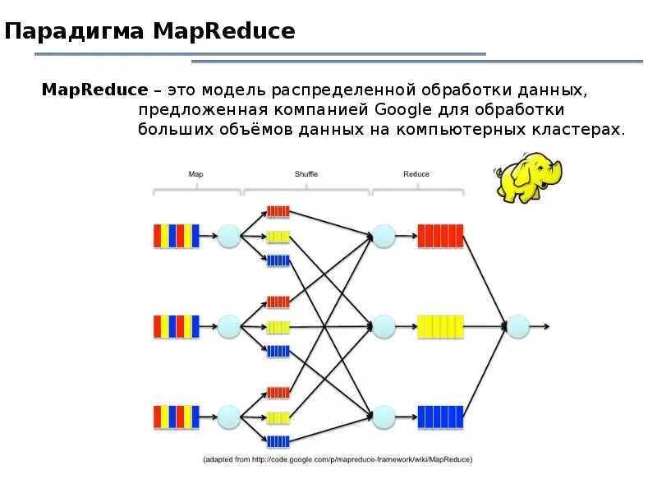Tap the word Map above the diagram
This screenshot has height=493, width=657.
(195, 174)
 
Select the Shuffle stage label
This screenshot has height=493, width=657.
(306, 174)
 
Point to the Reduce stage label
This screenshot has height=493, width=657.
(416, 174)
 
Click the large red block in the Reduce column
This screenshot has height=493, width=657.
(440, 237)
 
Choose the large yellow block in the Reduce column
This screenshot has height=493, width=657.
(440, 327)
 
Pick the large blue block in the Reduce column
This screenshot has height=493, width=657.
(440, 417)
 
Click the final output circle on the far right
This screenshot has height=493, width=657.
(517, 327)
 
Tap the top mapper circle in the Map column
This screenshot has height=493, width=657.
(228, 237)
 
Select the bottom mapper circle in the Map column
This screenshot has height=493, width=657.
(228, 417)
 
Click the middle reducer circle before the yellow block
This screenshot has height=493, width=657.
(384, 327)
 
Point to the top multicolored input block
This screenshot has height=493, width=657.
(176, 237)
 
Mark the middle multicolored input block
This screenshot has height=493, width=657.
(176, 327)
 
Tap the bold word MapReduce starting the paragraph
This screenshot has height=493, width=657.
(94, 89)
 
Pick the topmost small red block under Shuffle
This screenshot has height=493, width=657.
(278, 211)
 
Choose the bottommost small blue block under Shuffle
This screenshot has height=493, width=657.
(278, 441)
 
